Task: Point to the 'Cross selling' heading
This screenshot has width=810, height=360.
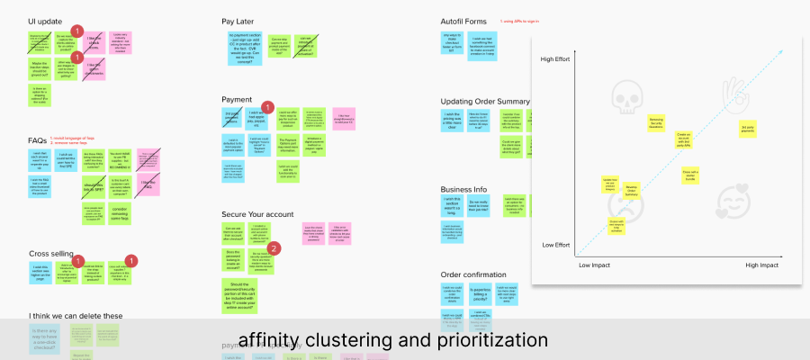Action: pyautogui.click(x=51, y=254)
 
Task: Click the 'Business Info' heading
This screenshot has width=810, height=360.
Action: pyautogui.click(x=463, y=190)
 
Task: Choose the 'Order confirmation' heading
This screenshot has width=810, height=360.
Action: pyautogui.click(x=473, y=274)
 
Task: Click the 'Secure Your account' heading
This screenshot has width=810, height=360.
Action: pyautogui.click(x=258, y=213)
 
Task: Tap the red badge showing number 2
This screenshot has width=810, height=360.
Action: pyautogui.click(x=274, y=248)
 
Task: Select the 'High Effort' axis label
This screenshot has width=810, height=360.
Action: pyautogui.click(x=560, y=59)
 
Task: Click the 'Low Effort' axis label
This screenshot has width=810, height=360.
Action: pyautogui.click(x=560, y=245)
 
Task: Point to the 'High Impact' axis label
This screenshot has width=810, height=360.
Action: pyautogui.click(x=761, y=265)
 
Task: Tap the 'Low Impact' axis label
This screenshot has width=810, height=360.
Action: pyautogui.click(x=595, y=265)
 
